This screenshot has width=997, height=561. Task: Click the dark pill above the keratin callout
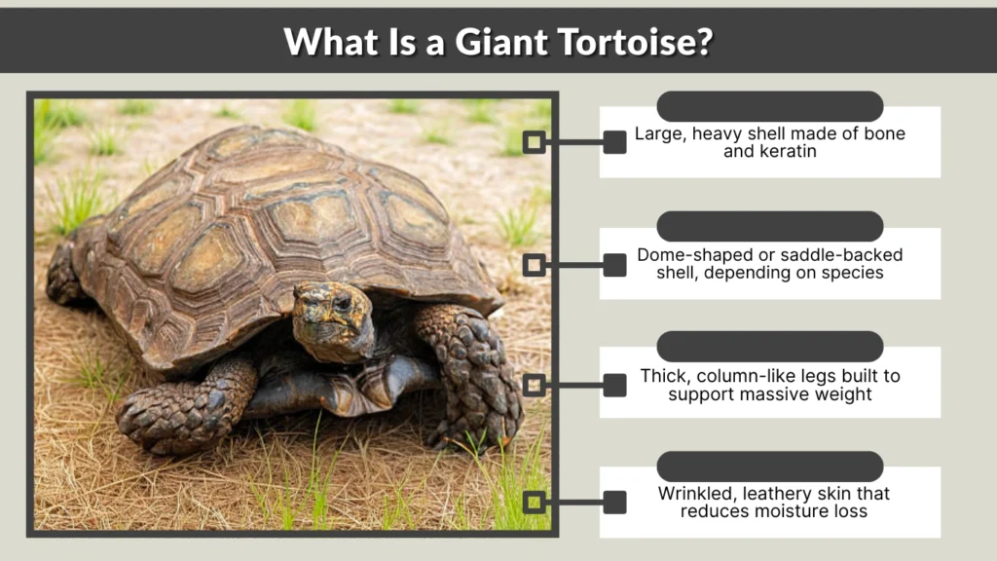[770, 106]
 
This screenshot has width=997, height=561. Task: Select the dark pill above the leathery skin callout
[770, 466]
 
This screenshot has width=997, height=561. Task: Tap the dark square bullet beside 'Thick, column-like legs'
[614, 385]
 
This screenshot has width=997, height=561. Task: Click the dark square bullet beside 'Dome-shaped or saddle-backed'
[614, 265]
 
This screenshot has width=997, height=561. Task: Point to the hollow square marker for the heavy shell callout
[534, 142]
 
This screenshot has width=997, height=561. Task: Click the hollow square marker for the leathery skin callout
[534, 503]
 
